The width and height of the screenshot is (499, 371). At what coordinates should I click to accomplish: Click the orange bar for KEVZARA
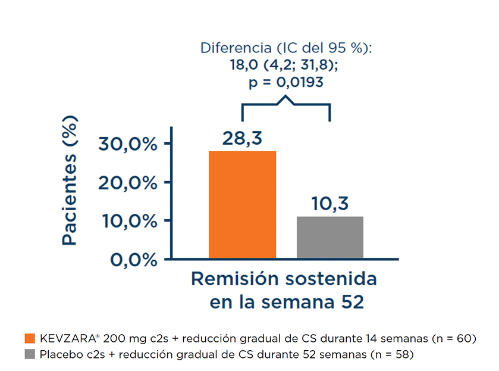(x=242, y=205)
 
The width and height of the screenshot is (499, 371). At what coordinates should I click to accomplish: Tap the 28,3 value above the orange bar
(x=242, y=138)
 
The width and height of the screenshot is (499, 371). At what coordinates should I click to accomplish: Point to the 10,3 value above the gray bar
(x=329, y=204)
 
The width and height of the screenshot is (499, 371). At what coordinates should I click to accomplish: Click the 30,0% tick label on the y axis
(x=127, y=144)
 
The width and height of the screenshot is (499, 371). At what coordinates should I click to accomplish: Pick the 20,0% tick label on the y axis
(x=127, y=182)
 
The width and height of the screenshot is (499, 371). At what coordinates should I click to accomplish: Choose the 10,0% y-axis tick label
(x=127, y=221)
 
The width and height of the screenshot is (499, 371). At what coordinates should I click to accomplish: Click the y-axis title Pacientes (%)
(x=70, y=182)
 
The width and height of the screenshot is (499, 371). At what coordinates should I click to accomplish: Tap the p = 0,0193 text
(x=285, y=82)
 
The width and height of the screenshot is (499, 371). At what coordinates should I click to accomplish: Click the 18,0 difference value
(x=243, y=65)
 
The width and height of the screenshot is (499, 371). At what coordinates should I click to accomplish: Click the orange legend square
(x=30, y=338)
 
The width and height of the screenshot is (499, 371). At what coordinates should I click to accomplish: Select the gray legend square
(x=30, y=354)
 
